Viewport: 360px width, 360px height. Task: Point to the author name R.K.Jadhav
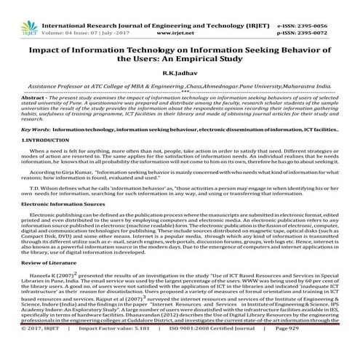(x=180, y=73)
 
